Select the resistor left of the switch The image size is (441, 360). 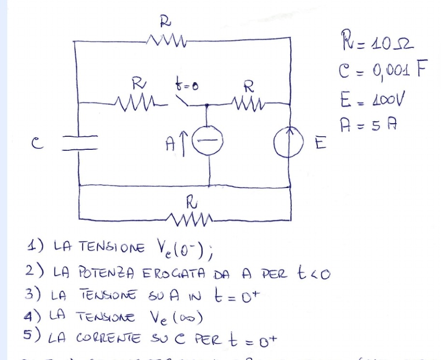(x=136, y=102)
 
